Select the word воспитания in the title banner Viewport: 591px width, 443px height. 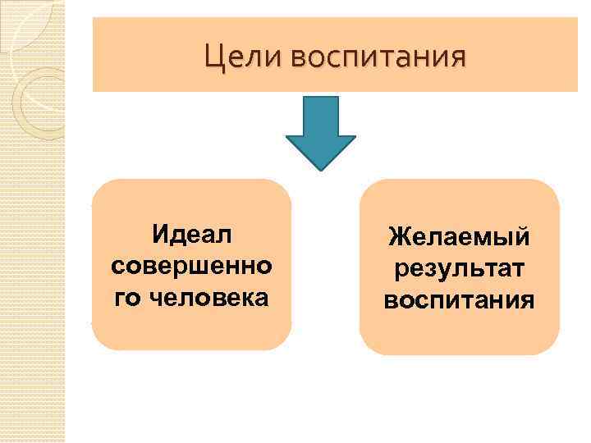pyautogui.click(x=377, y=57)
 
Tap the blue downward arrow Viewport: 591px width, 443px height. pyautogui.click(x=320, y=131)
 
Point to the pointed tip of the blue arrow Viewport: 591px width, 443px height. pyautogui.click(x=320, y=167)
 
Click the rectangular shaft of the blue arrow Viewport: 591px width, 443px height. pyautogui.click(x=320, y=115)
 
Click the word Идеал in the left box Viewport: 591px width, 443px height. pyautogui.click(x=192, y=235)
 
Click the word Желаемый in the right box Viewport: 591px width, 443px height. pyautogui.click(x=460, y=238)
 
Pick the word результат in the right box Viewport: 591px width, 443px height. pyautogui.click(x=460, y=268)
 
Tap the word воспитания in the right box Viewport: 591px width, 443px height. pyautogui.click(x=460, y=299)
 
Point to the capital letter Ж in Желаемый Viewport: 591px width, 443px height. pyautogui.click(x=399, y=238)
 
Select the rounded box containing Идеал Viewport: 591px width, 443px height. pyautogui.click(x=192, y=328)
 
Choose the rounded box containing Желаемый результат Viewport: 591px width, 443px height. pyautogui.click(x=460, y=332)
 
